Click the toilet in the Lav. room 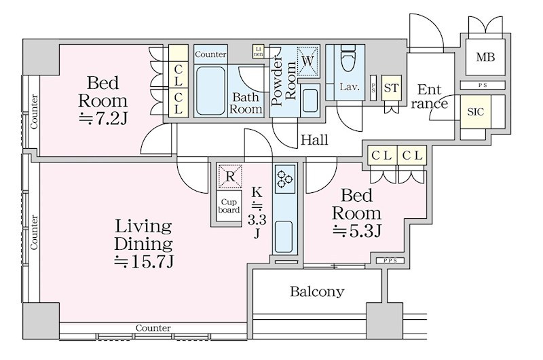click(349, 58)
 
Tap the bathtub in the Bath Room click(210, 91)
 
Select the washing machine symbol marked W click(307, 61)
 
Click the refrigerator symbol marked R click(229, 177)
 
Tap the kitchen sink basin click(284, 236)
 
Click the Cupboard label click(229, 206)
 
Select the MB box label click(485, 57)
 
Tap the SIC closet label click(475, 112)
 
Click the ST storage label click(392, 88)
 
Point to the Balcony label click(317, 292)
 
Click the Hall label click(314, 140)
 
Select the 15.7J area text click(144, 262)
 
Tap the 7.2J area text click(103, 119)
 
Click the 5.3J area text click(357, 231)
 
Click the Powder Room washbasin click(310, 101)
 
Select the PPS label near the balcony click(390, 261)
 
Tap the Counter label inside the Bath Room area click(210, 54)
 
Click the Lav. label click(349, 87)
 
